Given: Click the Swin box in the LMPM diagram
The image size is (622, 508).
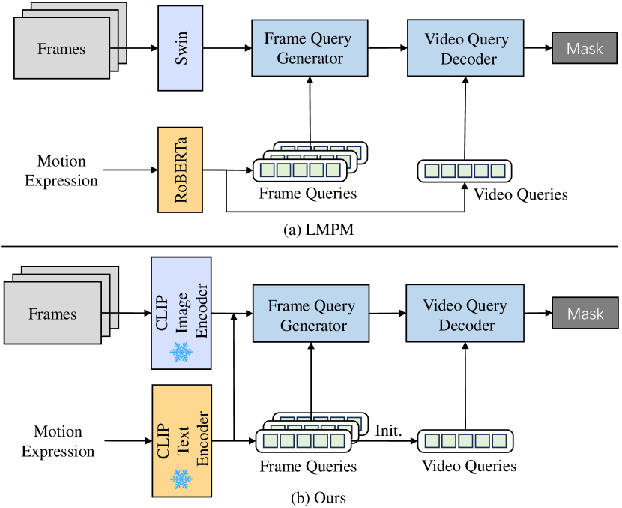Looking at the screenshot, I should [181, 48].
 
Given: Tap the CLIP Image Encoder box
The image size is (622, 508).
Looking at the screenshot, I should [181, 313].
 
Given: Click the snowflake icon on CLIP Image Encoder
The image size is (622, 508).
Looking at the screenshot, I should [181, 351].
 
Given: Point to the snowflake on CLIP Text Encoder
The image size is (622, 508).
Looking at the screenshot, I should [181, 478].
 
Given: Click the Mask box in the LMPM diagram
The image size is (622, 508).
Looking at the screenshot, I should [585, 49].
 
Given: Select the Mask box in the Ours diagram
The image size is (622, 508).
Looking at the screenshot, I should [585, 313].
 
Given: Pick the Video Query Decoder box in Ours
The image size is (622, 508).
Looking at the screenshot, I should [464, 314].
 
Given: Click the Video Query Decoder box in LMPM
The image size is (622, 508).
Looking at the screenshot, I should [465, 49].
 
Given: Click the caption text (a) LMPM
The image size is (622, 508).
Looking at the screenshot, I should [309, 230].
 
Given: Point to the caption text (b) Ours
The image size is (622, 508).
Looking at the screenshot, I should [310, 497].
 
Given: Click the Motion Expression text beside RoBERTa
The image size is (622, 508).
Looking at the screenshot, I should [61, 170].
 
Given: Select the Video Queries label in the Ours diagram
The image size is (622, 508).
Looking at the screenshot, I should [468, 466].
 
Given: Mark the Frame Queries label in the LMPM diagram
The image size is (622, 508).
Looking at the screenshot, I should [307, 193].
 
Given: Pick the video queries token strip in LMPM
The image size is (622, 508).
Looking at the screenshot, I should [465, 171].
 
